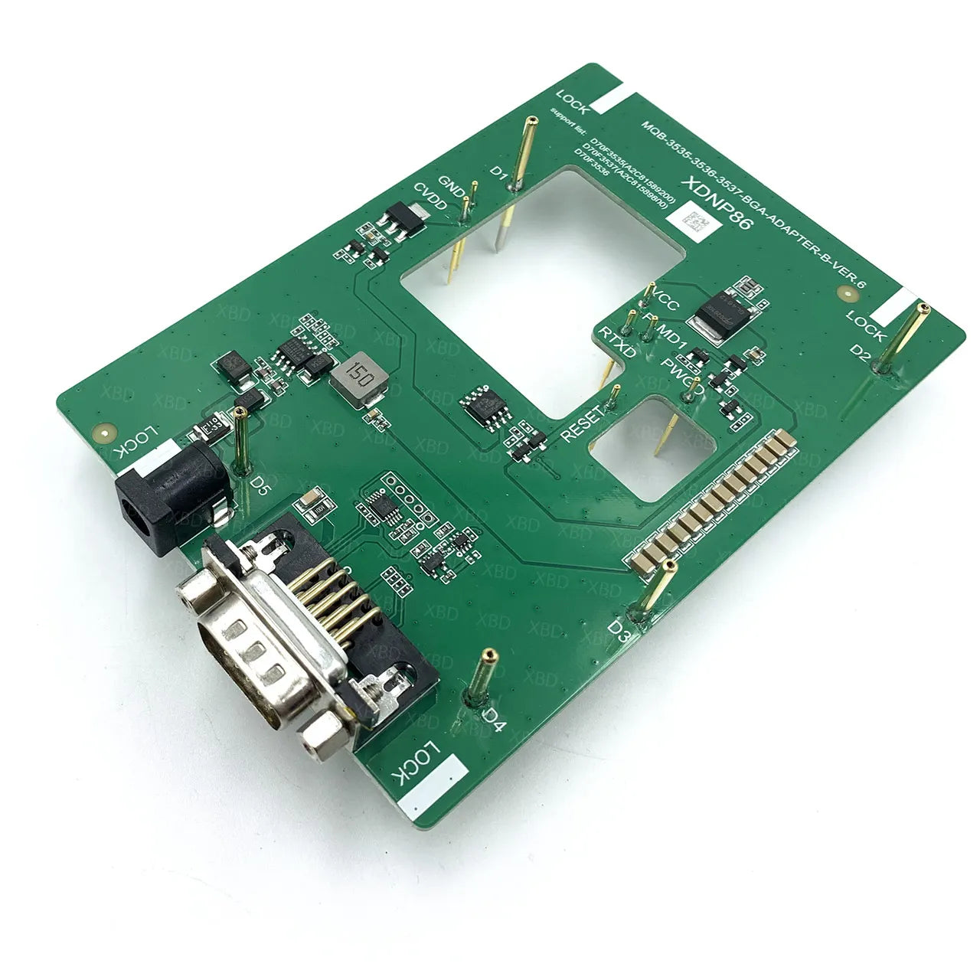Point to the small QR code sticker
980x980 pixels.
tap(693, 223)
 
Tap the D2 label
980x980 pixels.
tap(861, 353)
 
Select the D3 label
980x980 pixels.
tap(619, 630)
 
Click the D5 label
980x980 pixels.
tap(260, 485)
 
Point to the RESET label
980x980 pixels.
tap(583, 422)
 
